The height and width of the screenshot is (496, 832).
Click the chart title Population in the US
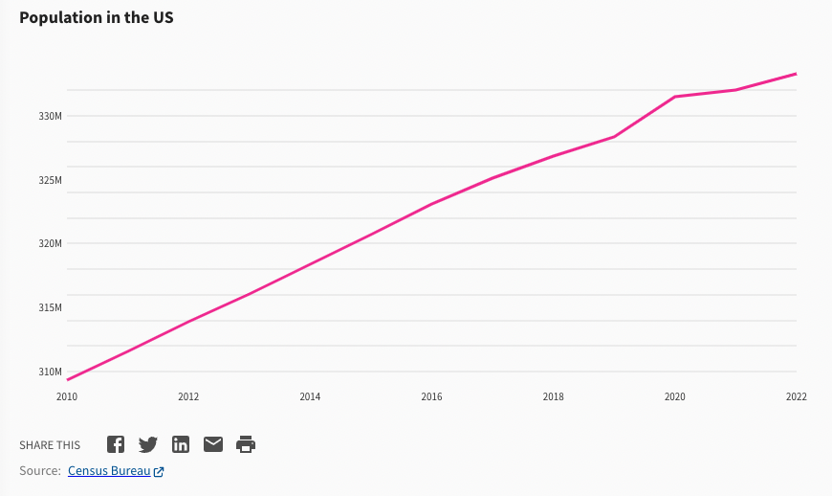pyautogui.click(x=96, y=18)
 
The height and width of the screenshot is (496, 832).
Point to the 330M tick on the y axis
pyautogui.click(x=51, y=116)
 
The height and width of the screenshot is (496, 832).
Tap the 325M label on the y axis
pyautogui.click(x=51, y=180)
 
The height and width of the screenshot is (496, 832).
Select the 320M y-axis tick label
pyautogui.click(x=51, y=243)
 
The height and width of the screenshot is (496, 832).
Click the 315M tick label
pyautogui.click(x=51, y=307)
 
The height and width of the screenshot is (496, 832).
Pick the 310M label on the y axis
pyautogui.click(x=51, y=372)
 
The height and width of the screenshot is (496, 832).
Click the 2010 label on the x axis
pyautogui.click(x=67, y=396)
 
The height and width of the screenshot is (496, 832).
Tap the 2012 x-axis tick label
pyautogui.click(x=188, y=396)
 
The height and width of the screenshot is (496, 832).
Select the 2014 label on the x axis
pyautogui.click(x=310, y=396)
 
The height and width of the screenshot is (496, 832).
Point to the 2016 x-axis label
pyautogui.click(x=431, y=396)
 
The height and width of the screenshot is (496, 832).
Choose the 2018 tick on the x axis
pyautogui.click(x=553, y=396)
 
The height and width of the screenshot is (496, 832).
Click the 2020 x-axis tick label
pyautogui.click(x=675, y=396)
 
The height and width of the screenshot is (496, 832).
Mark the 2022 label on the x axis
pyautogui.click(x=797, y=396)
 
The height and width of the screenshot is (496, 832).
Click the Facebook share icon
pyautogui.click(x=116, y=444)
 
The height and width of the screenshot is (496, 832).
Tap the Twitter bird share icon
pyautogui.click(x=148, y=444)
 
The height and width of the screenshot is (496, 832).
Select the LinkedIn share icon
pyautogui.click(x=181, y=444)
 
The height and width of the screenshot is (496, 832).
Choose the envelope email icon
pyautogui.click(x=213, y=444)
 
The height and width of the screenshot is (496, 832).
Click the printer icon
pyautogui.click(x=246, y=444)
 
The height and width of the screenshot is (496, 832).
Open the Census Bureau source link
pyautogui.click(x=109, y=471)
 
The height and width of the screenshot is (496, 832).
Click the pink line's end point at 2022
pyautogui.click(x=797, y=74)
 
